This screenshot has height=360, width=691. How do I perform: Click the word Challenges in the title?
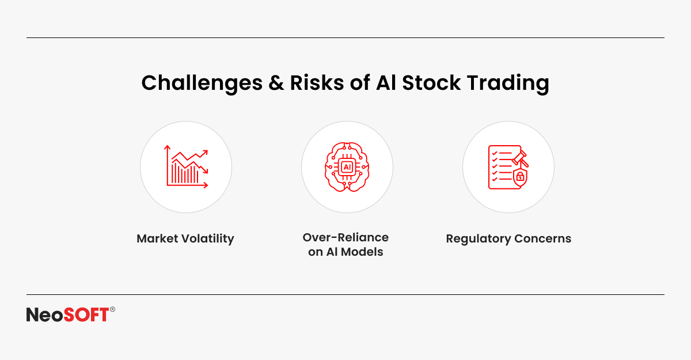pyautogui.click(x=202, y=84)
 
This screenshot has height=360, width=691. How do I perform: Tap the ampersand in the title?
pyautogui.click(x=276, y=83)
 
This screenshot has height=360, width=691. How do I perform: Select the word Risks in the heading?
pyautogui.click(x=317, y=83)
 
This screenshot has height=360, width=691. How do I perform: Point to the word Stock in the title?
pyautogui.click(x=431, y=83)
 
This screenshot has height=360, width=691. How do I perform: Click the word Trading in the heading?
pyautogui.click(x=508, y=84)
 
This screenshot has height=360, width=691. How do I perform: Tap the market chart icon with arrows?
pyautogui.click(x=186, y=166)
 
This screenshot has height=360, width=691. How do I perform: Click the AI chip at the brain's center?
pyautogui.click(x=347, y=167)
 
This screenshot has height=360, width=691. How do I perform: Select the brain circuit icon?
pyautogui.click(x=347, y=167)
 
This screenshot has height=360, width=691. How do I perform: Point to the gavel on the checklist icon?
pyautogui.click(x=521, y=158)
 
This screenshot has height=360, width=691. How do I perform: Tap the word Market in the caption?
pyautogui.click(x=157, y=238)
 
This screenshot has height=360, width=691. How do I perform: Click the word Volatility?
pyautogui.click(x=208, y=239)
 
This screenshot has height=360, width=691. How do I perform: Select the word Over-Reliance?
pyautogui.click(x=345, y=237)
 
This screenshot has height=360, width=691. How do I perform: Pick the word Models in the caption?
pyautogui.click(x=362, y=252)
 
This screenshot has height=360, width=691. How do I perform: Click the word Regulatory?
pyautogui.click(x=479, y=239)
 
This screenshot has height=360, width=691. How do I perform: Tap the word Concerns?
pyautogui.click(x=543, y=239)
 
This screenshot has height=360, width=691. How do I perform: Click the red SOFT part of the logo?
pyautogui.click(x=86, y=314)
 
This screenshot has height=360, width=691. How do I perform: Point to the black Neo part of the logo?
pyautogui.click(x=45, y=314)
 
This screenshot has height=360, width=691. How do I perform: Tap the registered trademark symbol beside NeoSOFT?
pyautogui.click(x=112, y=309)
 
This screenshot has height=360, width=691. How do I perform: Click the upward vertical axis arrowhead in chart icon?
pyautogui.click(x=167, y=147)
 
